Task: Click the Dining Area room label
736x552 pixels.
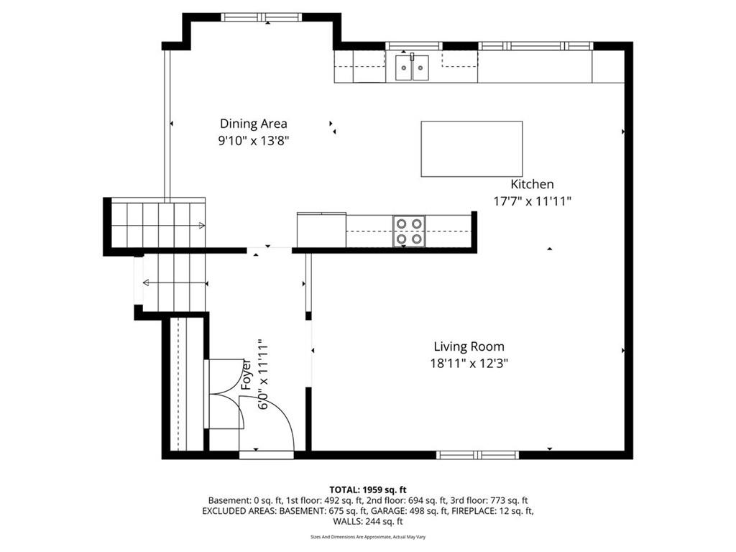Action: click(x=254, y=124)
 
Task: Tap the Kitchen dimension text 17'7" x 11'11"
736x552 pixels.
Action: click(x=533, y=201)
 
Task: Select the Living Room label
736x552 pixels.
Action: click(x=469, y=347)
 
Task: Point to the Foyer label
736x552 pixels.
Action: click(x=247, y=374)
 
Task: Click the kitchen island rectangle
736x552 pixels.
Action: click(x=471, y=149)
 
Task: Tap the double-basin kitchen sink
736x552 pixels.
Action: click(x=412, y=68)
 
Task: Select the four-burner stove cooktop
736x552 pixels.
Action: click(x=409, y=231)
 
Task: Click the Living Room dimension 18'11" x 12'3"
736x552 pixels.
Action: click(x=469, y=363)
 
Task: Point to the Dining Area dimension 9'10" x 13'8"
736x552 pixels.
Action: click(x=254, y=140)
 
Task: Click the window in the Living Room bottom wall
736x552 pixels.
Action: click(x=477, y=455)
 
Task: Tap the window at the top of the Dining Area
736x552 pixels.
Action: click(x=262, y=17)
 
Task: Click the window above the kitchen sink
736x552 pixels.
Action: click(x=414, y=46)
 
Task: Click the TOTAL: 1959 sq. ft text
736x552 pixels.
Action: click(x=368, y=490)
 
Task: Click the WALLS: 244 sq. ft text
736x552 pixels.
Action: click(x=368, y=521)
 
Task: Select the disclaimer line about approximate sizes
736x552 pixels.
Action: click(x=368, y=536)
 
